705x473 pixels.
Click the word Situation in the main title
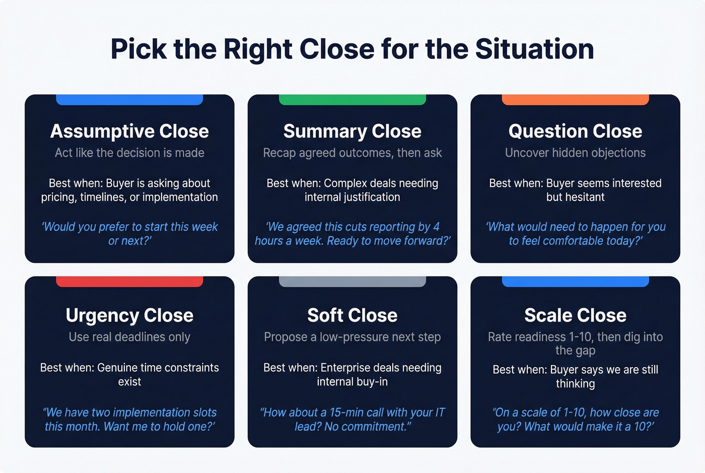click(534, 49)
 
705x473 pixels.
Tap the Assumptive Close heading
click(129, 131)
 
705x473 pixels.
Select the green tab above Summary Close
click(352, 100)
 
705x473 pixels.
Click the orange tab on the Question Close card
click(575, 100)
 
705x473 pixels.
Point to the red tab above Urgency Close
click(129, 282)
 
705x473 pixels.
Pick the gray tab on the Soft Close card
click(352, 282)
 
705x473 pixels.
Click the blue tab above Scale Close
click(575, 282)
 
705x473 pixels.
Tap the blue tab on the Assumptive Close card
click(129, 100)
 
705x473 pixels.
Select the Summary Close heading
click(352, 131)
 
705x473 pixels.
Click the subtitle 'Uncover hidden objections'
click(575, 153)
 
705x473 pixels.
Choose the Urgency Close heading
click(129, 315)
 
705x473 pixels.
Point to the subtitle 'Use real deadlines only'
click(129, 337)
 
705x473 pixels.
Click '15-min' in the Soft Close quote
click(346, 413)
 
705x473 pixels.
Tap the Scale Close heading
click(575, 315)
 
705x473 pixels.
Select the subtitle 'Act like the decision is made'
click(129, 153)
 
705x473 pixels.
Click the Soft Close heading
click(352, 315)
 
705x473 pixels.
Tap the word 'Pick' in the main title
click(138, 49)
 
